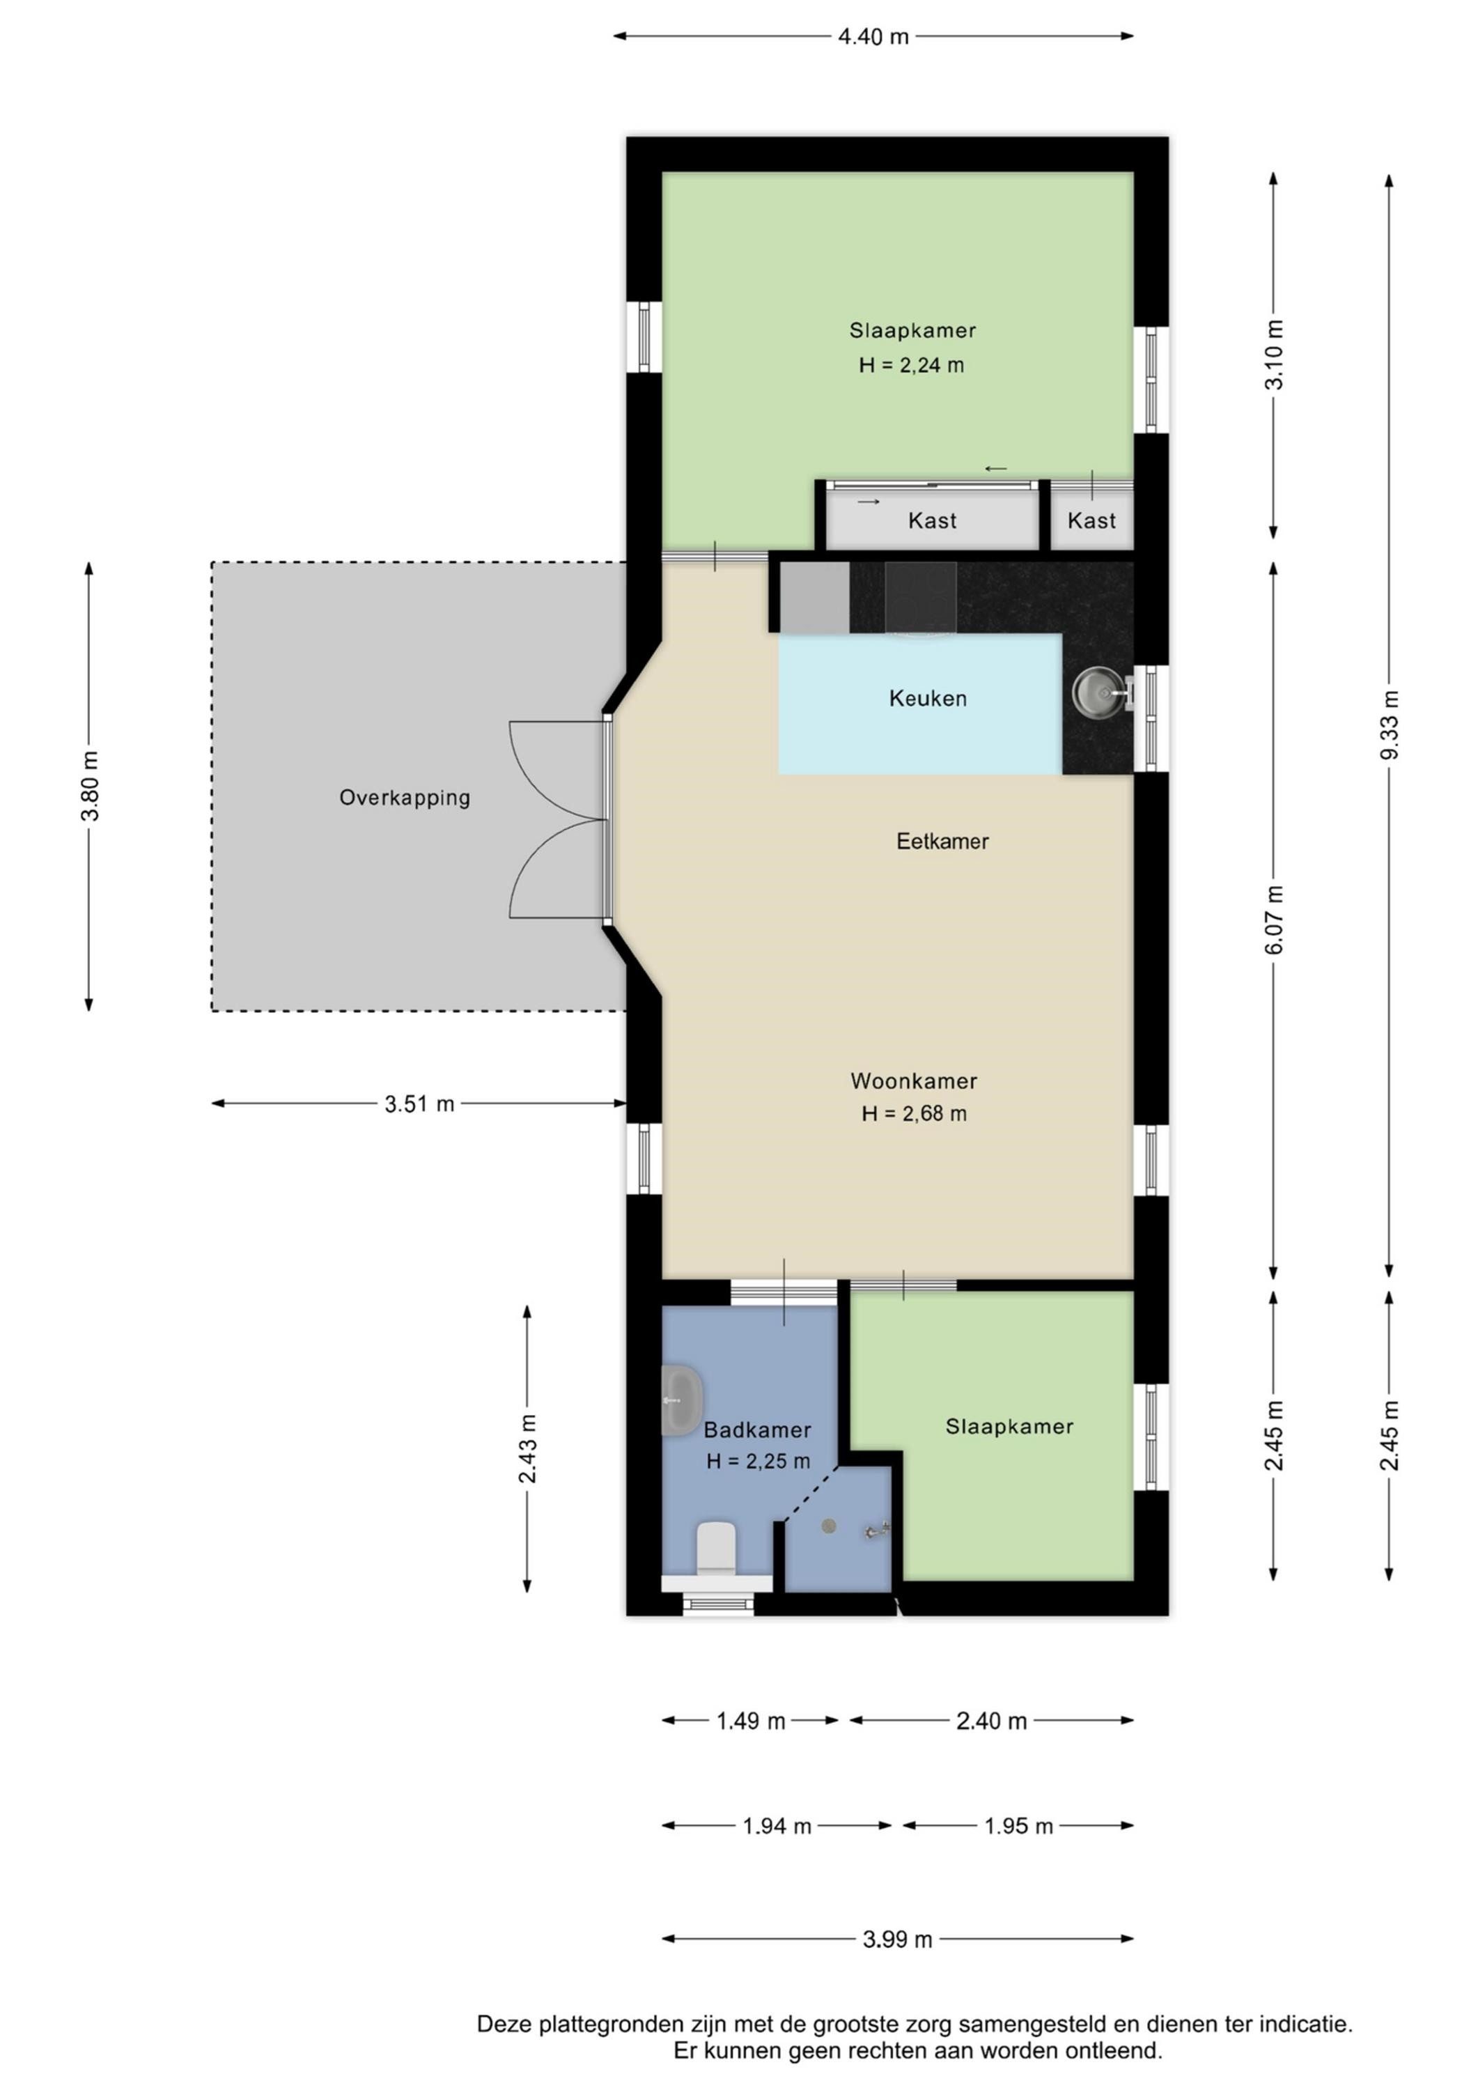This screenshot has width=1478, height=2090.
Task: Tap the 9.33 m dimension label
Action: [x=1389, y=725]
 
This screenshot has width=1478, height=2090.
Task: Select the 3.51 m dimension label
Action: [x=419, y=1104]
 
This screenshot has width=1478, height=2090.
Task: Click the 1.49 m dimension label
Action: [x=750, y=1721]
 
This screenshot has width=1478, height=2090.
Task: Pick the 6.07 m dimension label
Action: [x=1274, y=920]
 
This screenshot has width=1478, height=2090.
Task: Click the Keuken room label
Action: [x=927, y=698]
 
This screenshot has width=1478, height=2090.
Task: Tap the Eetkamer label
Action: [x=942, y=841]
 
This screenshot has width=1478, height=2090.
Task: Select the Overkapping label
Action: [x=405, y=798]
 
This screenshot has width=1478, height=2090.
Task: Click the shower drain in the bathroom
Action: [x=829, y=1526]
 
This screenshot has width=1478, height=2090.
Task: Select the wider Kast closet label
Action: [x=932, y=520]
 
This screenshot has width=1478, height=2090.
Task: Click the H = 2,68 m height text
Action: [x=914, y=1114]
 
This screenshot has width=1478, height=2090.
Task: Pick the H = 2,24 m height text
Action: [x=911, y=366]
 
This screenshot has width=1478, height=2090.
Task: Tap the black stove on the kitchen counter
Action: [x=920, y=596]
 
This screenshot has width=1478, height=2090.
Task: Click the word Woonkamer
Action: [x=914, y=1081]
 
